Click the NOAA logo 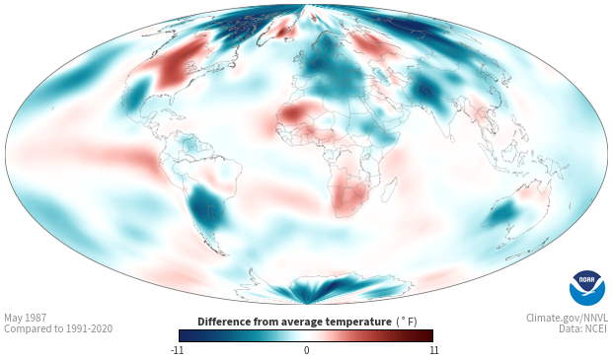[x=587, y=288]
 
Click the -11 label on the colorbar [x=178, y=350]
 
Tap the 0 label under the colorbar [x=306, y=350]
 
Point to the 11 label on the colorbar [x=433, y=350]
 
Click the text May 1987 [x=26, y=318]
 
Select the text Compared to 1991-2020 [x=58, y=328]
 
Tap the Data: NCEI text [x=583, y=328]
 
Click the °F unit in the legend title [x=407, y=323]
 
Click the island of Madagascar [x=389, y=190]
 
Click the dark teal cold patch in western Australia [x=503, y=213]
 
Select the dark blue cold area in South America [x=205, y=208]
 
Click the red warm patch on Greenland [x=281, y=32]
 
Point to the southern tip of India [x=451, y=140]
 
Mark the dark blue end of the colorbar [x=181, y=335]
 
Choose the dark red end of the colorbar [x=430, y=335]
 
